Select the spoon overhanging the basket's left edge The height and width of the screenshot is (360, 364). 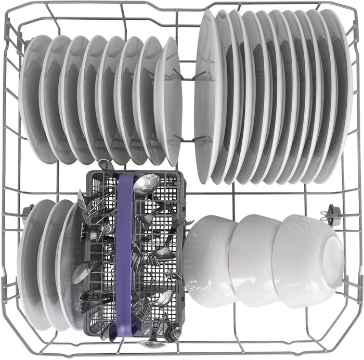pyautogui.click(x=82, y=272)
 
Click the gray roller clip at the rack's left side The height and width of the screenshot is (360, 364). pyautogui.click(x=27, y=211)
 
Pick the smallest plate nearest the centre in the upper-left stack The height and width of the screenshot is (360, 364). pyautogui.click(x=170, y=101)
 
